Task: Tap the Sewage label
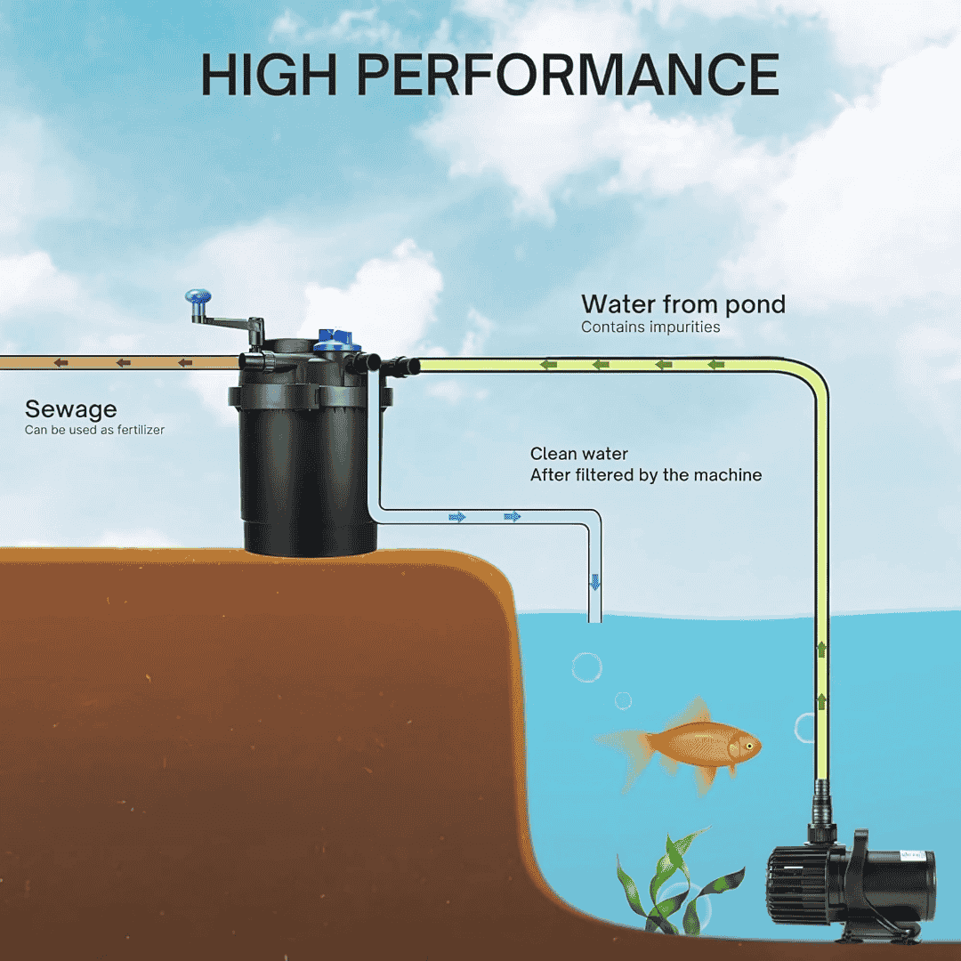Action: pyautogui.click(x=70, y=409)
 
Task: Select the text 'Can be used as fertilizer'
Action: pyautogui.click(x=94, y=431)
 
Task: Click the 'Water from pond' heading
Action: pyautogui.click(x=682, y=304)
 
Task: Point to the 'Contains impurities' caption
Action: pyautogui.click(x=650, y=327)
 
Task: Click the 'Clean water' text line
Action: pyautogui.click(x=578, y=454)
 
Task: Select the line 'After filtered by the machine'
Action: pyautogui.click(x=645, y=475)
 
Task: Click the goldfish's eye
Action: pyautogui.click(x=748, y=744)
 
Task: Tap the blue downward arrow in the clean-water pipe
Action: pyautogui.click(x=595, y=583)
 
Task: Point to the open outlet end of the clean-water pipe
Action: pyautogui.click(x=594, y=619)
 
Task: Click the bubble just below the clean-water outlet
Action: pyautogui.click(x=586, y=666)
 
